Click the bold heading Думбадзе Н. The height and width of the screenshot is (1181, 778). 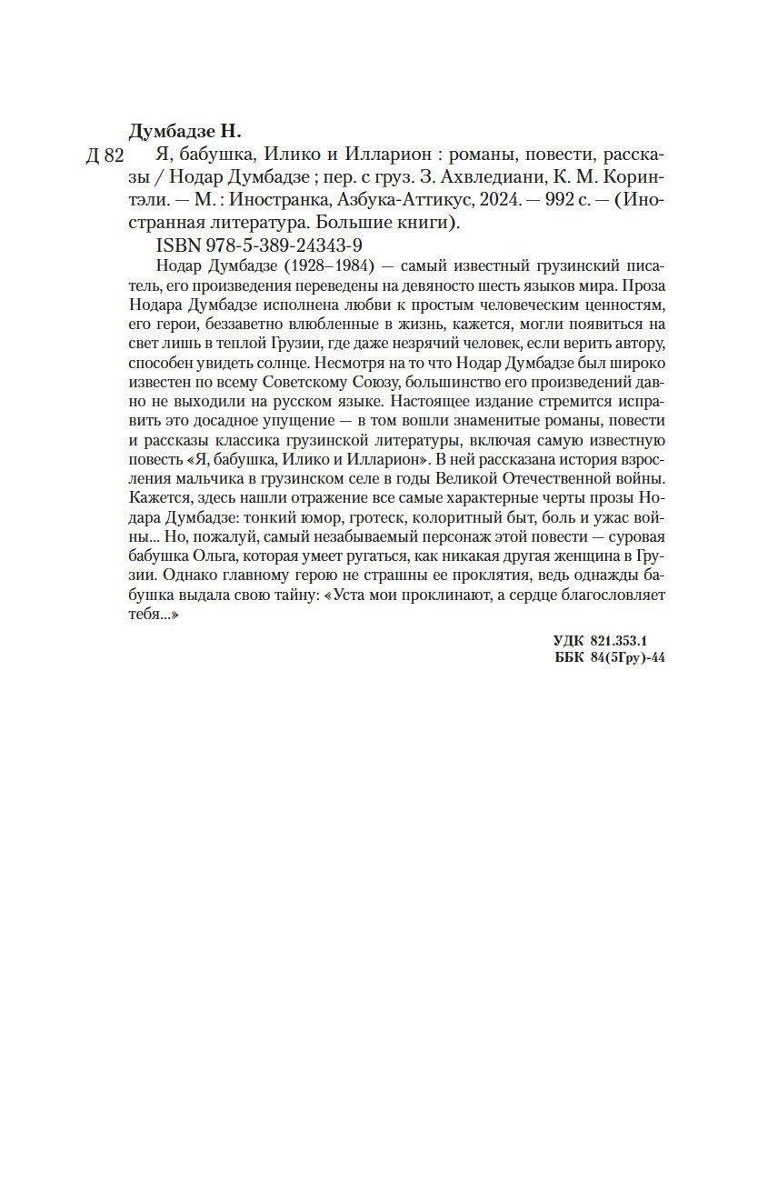185,130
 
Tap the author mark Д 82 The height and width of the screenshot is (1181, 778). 104,156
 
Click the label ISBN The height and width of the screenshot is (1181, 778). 176,245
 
